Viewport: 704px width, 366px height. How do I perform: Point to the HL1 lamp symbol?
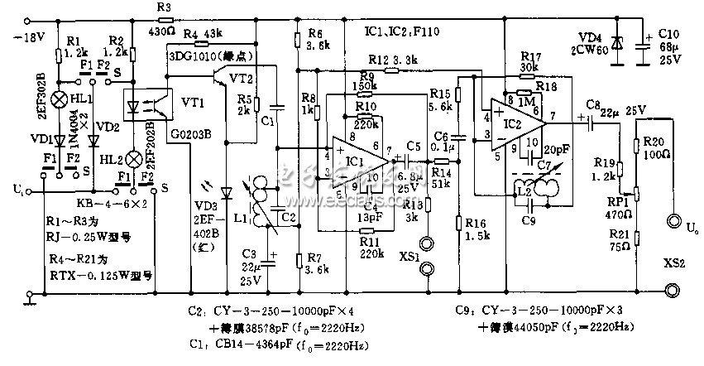(60, 99)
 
